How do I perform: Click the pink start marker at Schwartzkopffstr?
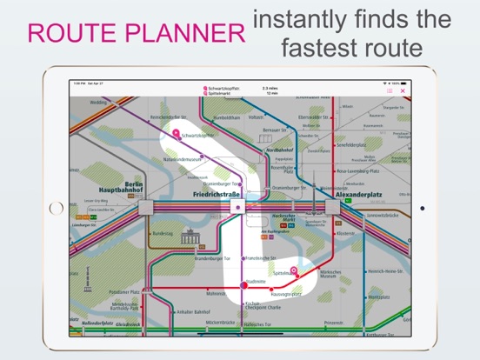176,133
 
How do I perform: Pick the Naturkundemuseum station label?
183,159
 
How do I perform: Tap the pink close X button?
403,90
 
